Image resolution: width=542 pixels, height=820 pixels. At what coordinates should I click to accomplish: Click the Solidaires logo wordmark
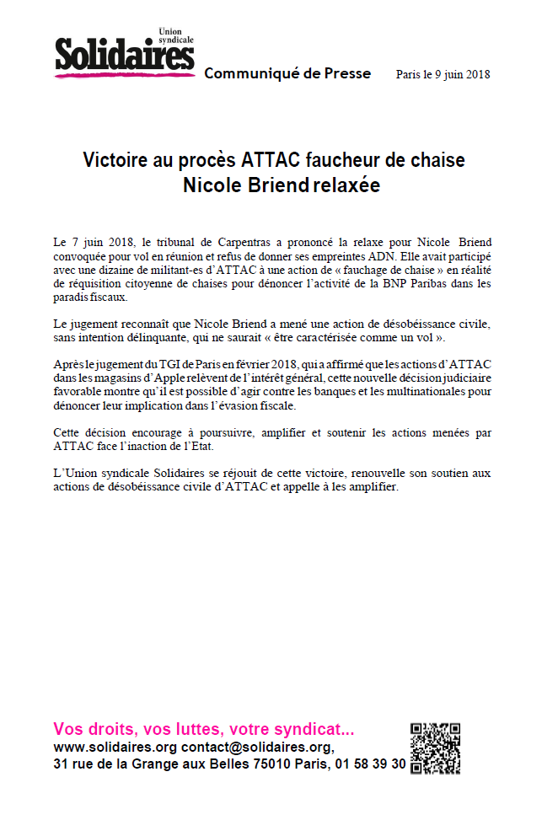coord(125,57)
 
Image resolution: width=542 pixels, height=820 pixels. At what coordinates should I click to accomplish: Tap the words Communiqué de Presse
coord(287,73)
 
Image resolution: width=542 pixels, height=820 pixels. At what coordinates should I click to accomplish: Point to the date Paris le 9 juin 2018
coord(443,74)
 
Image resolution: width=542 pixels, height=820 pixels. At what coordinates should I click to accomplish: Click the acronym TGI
coord(158,364)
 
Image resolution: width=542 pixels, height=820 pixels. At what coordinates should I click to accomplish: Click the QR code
coord(435,748)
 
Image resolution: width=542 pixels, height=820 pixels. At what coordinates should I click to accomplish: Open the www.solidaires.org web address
coord(115,747)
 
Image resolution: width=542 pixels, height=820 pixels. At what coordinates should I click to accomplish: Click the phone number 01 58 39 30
coord(368,764)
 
